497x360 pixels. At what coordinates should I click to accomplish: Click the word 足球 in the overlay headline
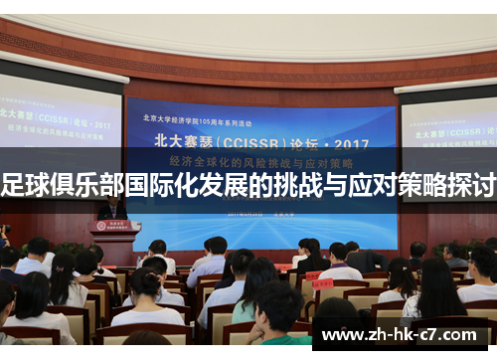pos(26,185)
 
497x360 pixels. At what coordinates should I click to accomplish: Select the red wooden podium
pos(113,240)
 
